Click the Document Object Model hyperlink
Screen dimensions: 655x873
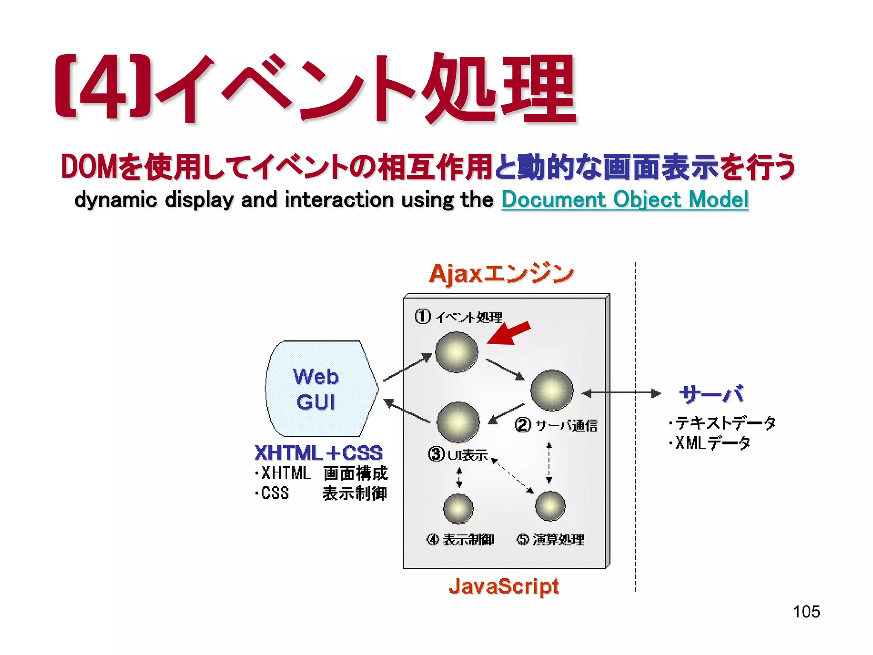(624, 200)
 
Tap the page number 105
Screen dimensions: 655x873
(806, 612)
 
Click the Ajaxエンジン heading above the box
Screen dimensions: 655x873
(501, 274)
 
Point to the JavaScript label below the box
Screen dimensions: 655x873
(504, 586)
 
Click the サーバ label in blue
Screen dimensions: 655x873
(711, 394)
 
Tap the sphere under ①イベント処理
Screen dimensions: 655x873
(457, 352)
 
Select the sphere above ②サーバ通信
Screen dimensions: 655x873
(552, 390)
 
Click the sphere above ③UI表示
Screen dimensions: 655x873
(458, 422)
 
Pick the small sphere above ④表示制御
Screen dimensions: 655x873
(458, 508)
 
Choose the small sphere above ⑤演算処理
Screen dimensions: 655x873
(550, 506)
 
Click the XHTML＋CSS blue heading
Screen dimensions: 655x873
(318, 453)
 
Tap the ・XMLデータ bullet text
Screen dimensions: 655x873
(709, 443)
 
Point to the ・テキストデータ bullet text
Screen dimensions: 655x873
(722, 423)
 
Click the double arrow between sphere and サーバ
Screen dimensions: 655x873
(621, 393)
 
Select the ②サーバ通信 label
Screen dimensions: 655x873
(556, 425)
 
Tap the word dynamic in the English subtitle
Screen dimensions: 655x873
(116, 200)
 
